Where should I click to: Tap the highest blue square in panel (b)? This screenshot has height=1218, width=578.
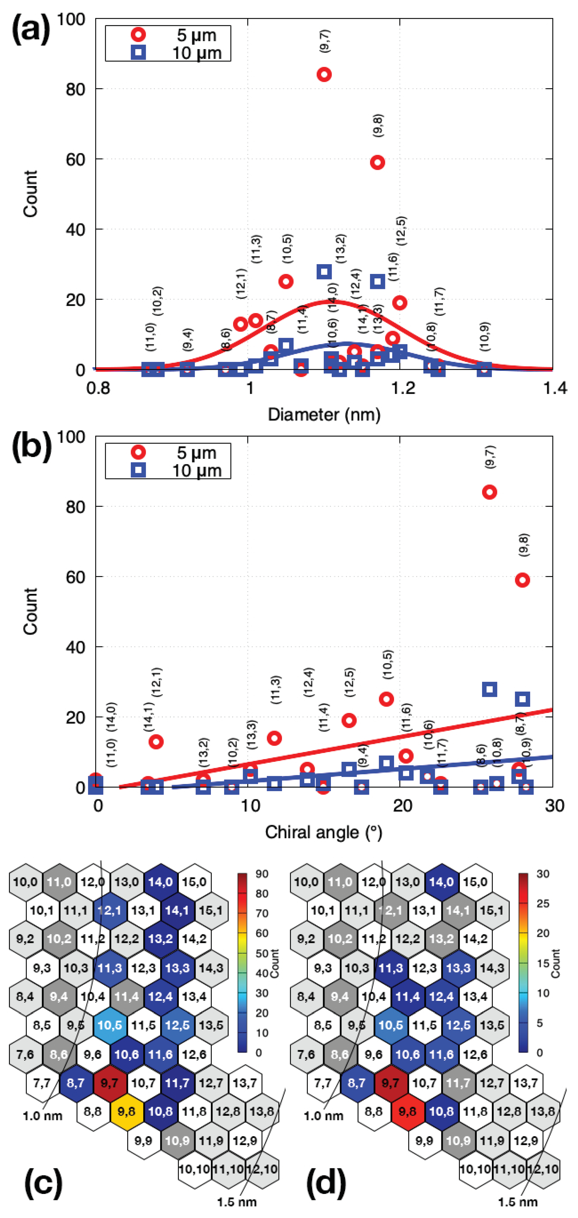489,689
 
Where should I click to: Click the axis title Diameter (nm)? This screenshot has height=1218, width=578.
324,415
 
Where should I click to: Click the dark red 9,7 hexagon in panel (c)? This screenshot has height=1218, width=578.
109,1083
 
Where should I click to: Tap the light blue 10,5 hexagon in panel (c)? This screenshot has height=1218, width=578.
109,1025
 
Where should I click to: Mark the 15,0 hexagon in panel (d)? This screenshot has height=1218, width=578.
475,882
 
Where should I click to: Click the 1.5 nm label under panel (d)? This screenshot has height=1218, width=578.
517,1201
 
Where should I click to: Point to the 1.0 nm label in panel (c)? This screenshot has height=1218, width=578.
43,1116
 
